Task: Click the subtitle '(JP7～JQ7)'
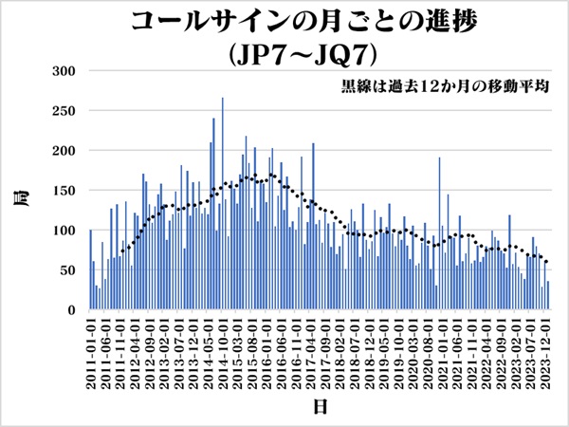pyautogui.click(x=284, y=52)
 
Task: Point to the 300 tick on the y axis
pyautogui.click(x=64, y=71)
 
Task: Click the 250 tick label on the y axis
pyautogui.click(x=64, y=111)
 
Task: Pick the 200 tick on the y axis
pyautogui.click(x=64, y=151)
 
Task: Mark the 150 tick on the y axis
pyautogui.click(x=64, y=191)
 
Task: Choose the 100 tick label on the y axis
pyautogui.click(x=64, y=231)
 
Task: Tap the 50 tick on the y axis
pyautogui.click(x=67, y=270)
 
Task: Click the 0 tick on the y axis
pyautogui.click(x=71, y=310)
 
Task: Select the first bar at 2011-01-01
pyautogui.click(x=91, y=270)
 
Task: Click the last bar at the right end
pyautogui.click(x=548, y=295)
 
